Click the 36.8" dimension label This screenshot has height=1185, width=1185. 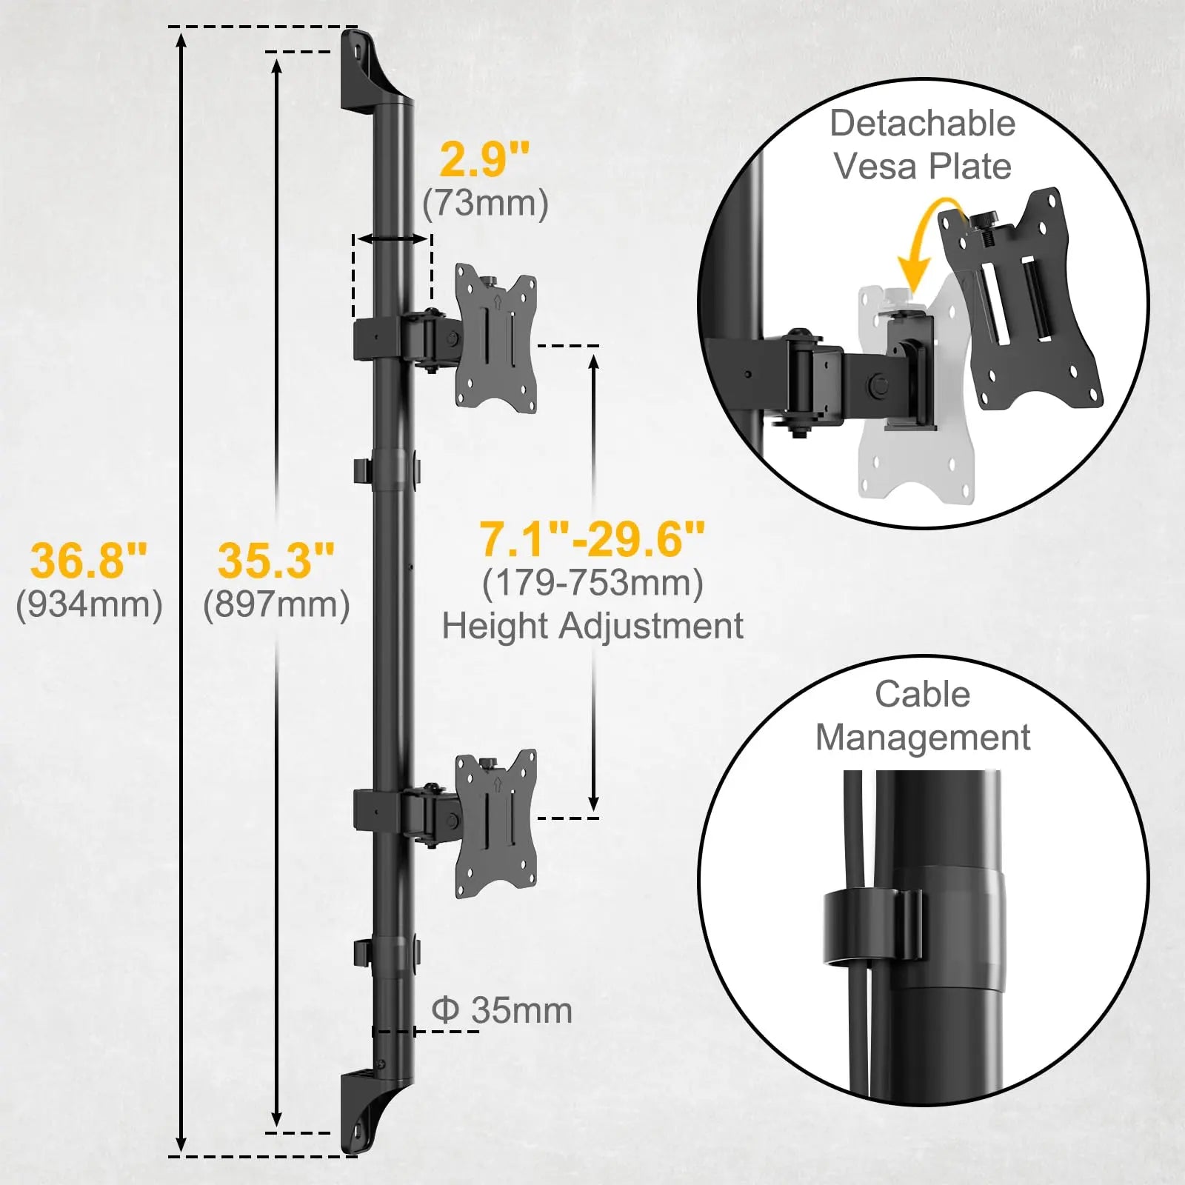coord(89,560)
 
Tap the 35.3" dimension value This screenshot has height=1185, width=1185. coord(276,560)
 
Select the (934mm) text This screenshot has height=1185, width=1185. coord(89,604)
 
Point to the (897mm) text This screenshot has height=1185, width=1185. coord(276,604)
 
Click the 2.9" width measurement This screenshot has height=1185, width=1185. coord(485,159)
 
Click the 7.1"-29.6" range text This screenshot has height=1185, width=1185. coord(592,538)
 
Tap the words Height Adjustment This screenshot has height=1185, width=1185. coord(592,626)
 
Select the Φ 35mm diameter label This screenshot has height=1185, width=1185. coord(501,1011)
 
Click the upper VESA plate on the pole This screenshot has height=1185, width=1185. coord(495,338)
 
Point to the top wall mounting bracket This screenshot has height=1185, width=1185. coord(367,70)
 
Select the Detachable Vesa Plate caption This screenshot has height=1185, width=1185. coord(922,144)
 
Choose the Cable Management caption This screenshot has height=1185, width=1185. coord(922,716)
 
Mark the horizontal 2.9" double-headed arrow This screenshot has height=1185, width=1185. coord(393,238)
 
